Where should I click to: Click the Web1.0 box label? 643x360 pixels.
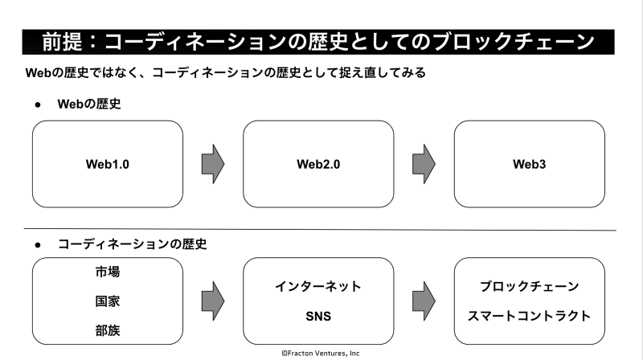pyautogui.click(x=108, y=165)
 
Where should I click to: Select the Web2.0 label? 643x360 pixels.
pyautogui.click(x=318, y=165)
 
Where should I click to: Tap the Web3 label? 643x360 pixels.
pyautogui.click(x=529, y=165)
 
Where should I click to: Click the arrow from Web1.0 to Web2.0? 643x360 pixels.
pyautogui.click(x=213, y=164)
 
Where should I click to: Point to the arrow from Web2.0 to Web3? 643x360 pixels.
pyautogui.click(x=424, y=164)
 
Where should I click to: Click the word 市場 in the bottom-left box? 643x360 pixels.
pyautogui.click(x=108, y=272)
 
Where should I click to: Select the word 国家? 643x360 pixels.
pyautogui.click(x=108, y=301)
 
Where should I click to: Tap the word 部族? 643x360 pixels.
pyautogui.click(x=108, y=330)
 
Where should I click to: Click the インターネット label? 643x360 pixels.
pyautogui.click(x=318, y=286)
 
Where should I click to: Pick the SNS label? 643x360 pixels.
pyautogui.click(x=318, y=316)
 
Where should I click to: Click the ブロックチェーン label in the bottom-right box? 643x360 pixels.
pyautogui.click(x=529, y=286)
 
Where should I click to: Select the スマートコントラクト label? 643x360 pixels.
pyautogui.click(x=529, y=316)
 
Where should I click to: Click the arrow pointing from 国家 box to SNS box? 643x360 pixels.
pyautogui.click(x=213, y=301)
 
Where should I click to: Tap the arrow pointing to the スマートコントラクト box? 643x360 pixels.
pyautogui.click(x=424, y=301)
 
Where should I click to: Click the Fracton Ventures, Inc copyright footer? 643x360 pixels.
pyautogui.click(x=321, y=353)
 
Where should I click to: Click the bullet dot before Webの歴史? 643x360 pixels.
pyautogui.click(x=38, y=105)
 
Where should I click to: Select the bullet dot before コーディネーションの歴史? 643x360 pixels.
pyautogui.click(x=38, y=245)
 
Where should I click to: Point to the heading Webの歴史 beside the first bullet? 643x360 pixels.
pyautogui.click(x=89, y=104)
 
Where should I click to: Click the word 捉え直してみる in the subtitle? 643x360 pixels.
pyautogui.click(x=383, y=73)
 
